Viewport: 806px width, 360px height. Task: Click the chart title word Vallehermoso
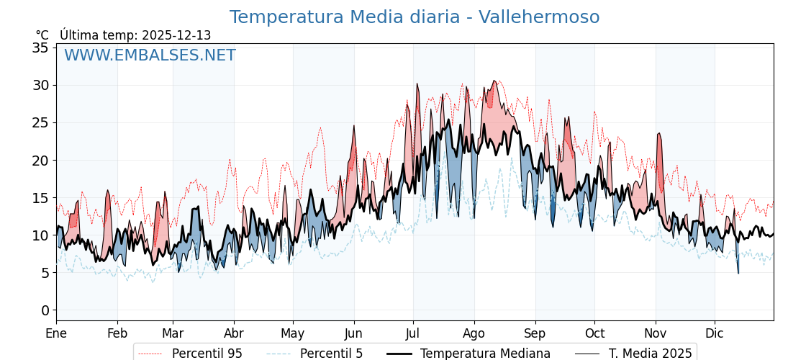539,17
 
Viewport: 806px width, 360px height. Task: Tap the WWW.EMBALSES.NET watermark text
150,55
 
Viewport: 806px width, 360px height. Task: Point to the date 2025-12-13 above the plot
176,35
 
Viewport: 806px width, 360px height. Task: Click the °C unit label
42,35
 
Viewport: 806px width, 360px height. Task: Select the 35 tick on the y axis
40,48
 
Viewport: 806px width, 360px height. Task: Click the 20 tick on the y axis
40,160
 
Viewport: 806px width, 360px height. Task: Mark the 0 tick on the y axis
45,310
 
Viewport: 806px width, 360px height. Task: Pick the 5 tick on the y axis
45,273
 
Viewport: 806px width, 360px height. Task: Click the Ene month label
56,333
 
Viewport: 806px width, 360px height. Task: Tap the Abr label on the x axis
234,333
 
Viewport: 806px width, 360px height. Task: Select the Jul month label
413,333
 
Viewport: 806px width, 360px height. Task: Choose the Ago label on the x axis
474,333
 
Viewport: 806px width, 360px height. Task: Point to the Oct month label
594,333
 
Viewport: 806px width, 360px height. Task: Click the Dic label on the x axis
715,333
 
